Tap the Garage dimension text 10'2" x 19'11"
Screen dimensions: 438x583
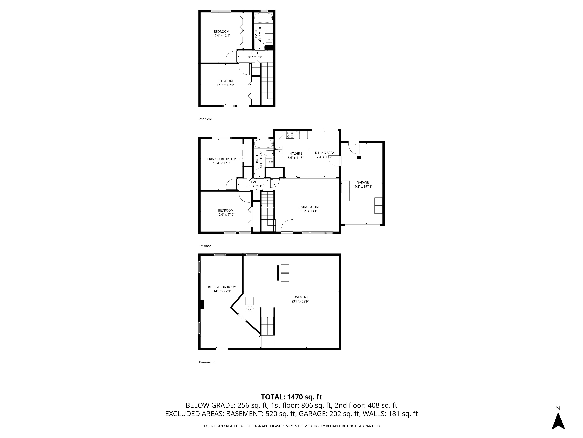click(x=363, y=186)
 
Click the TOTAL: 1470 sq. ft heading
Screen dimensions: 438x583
click(x=291, y=404)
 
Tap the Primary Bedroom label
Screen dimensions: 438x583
click(x=221, y=159)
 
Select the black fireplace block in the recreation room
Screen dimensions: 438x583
click(x=202, y=304)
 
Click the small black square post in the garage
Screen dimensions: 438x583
click(x=359, y=158)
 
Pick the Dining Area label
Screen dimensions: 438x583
click(x=324, y=153)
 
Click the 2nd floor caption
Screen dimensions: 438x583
click(x=205, y=119)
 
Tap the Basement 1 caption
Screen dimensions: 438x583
click(x=207, y=362)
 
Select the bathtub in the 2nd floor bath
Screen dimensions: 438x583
click(x=263, y=19)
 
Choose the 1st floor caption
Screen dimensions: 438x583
click(x=205, y=246)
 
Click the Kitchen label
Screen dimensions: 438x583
click(x=295, y=154)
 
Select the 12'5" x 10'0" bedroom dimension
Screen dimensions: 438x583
click(x=225, y=85)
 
